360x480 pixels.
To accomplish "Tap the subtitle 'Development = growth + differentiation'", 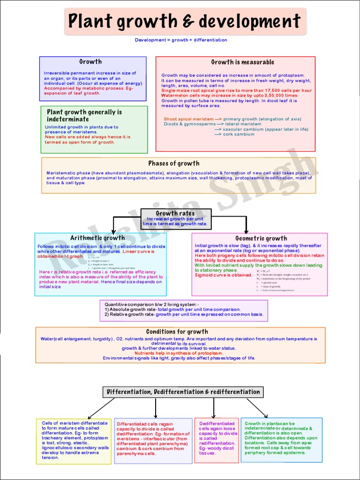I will (181, 40).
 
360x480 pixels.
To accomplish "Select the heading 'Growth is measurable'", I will (242, 62).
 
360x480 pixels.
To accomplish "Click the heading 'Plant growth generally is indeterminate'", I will (84, 115).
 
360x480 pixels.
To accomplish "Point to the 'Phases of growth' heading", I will (174, 164).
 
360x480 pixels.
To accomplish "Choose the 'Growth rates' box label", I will (175, 214).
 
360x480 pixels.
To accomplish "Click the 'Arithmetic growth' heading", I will (97, 238).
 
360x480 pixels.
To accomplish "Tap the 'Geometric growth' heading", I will (261, 239).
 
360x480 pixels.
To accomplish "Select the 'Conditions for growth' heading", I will (177, 332).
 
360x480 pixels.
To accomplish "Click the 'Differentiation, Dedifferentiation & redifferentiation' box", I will (183, 392).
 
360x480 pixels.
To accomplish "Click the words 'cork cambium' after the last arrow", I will (239, 135).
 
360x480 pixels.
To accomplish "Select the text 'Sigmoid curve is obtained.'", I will (223, 275).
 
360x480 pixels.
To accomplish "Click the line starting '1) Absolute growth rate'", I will (172, 310).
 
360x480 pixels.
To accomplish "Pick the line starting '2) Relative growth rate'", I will (184, 315).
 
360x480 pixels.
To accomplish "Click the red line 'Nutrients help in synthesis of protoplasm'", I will (179, 353).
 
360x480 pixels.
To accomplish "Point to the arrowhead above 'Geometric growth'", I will (247, 231).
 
